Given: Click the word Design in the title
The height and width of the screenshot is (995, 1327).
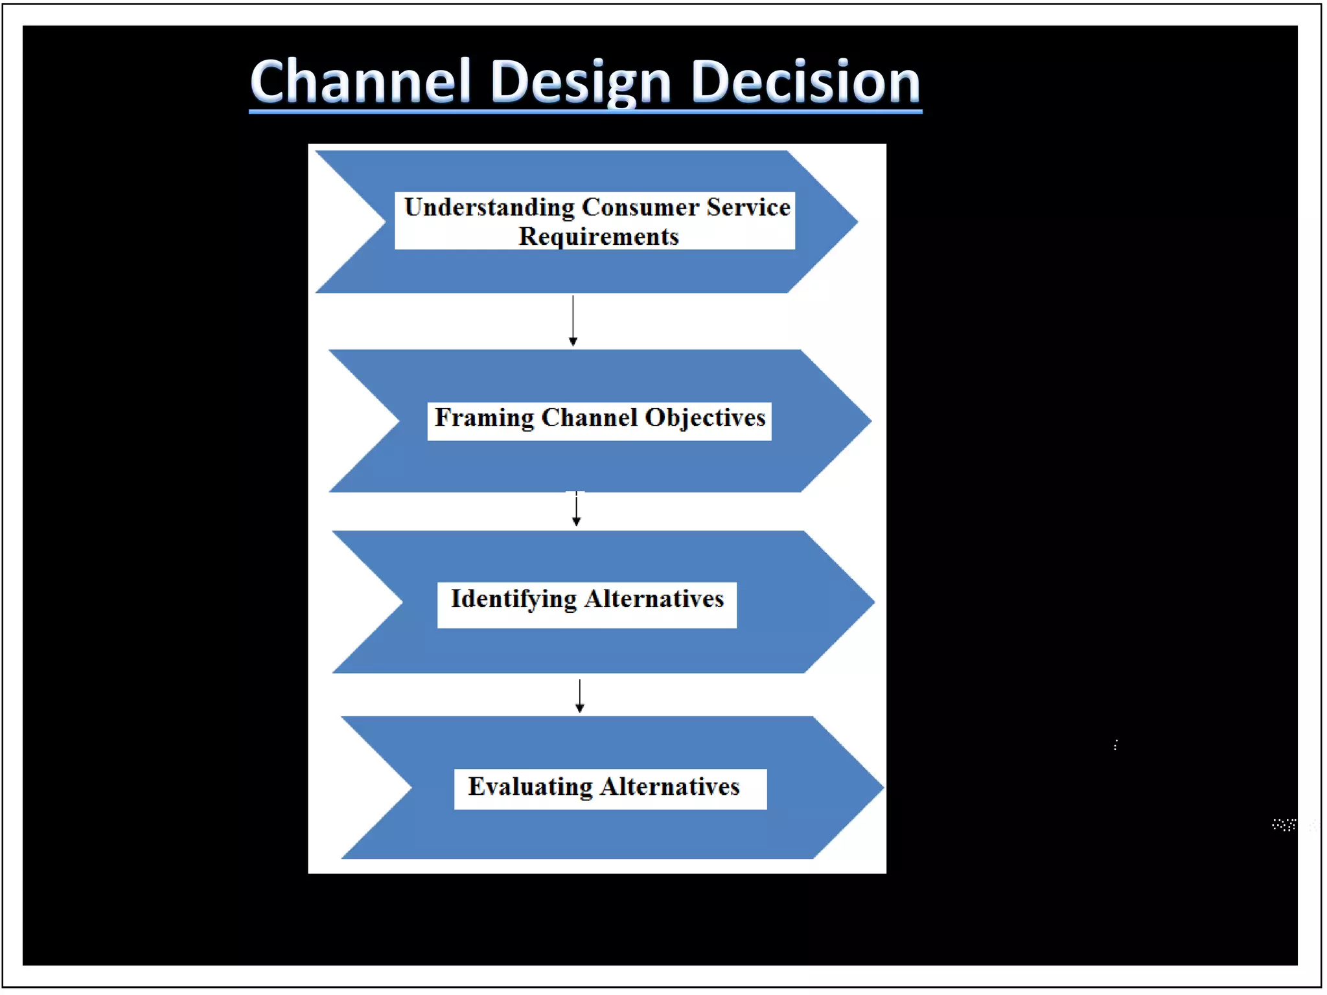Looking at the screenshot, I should tap(581, 83).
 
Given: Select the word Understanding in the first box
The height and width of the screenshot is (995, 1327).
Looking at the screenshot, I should tap(489, 207).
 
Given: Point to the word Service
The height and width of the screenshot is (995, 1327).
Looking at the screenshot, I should tap(748, 207).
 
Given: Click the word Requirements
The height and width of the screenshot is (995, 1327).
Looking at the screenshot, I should tap(598, 236).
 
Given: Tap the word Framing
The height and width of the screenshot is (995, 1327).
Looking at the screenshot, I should tap(484, 418).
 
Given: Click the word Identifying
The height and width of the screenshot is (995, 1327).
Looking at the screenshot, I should tap(513, 599).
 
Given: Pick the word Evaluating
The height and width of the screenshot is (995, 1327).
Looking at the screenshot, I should tap(530, 786).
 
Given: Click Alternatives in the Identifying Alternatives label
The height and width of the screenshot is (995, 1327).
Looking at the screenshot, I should tap(654, 599).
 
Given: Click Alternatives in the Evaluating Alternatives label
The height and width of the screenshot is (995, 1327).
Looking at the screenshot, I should tap(670, 786).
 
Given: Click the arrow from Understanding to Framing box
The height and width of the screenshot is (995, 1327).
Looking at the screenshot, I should tap(573, 321).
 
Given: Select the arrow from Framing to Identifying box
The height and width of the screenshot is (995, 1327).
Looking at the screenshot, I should tap(576, 509).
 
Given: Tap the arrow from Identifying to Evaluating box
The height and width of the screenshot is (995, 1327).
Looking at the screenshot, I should tap(580, 696).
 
